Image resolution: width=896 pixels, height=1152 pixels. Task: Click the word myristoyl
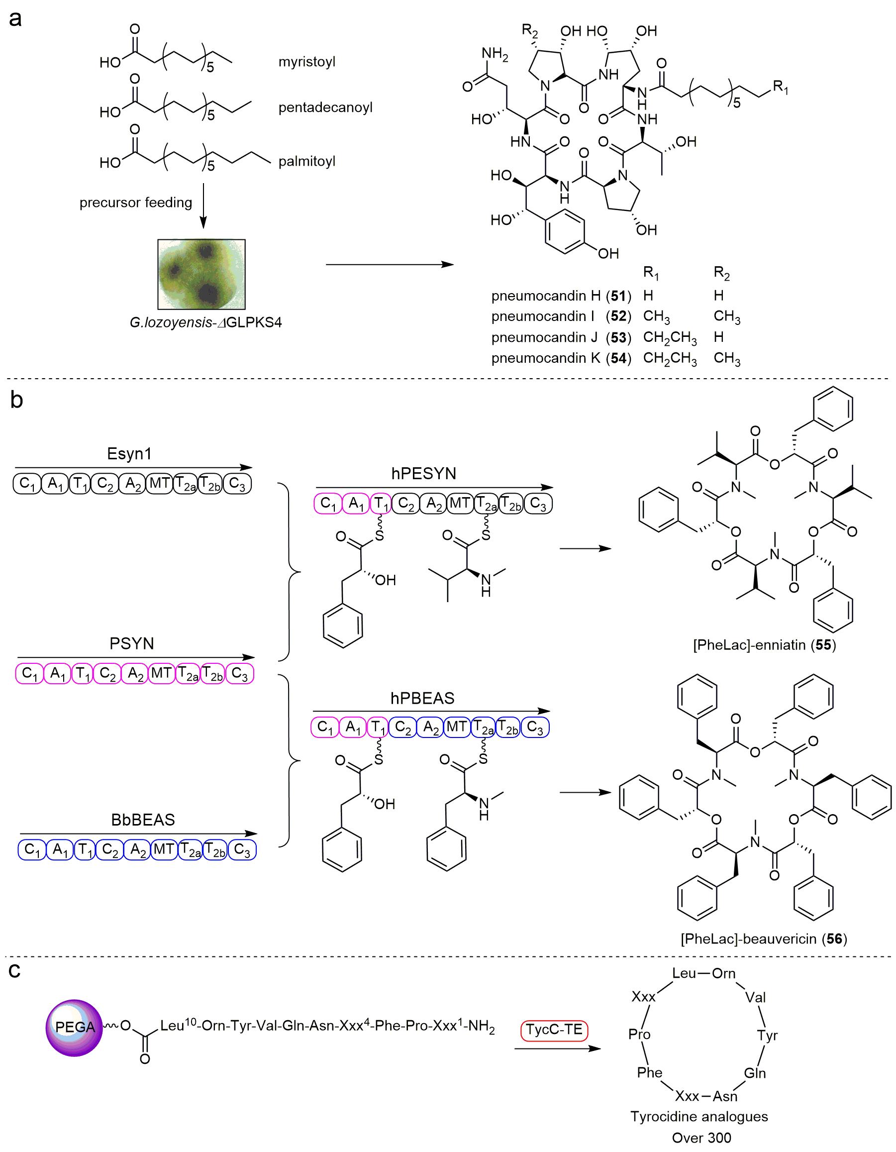tap(307, 62)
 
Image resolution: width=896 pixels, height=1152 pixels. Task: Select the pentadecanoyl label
tap(325, 107)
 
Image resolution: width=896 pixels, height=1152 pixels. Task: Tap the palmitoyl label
tap(307, 161)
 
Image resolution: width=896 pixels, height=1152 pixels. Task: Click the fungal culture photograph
tap(201, 274)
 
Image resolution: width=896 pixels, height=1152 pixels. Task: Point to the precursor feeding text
tap(135, 203)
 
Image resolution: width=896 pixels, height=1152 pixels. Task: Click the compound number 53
tap(618, 337)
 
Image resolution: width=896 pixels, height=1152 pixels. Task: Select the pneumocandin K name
tap(546, 358)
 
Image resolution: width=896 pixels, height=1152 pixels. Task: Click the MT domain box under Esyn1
tap(159, 484)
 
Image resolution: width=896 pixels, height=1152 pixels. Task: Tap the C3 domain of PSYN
tap(240, 674)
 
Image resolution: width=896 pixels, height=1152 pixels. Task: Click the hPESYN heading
tap(423, 474)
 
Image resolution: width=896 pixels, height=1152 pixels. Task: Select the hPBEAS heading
tap(422, 698)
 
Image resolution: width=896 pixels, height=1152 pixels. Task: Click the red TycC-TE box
tap(554, 1029)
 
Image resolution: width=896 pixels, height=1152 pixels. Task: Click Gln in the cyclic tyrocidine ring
tap(755, 1073)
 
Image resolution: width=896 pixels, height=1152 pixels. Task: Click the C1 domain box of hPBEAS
tap(325, 728)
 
